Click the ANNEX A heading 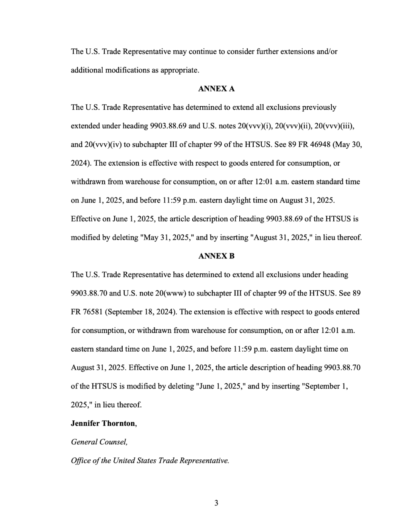216,89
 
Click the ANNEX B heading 216,256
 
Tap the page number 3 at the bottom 216,503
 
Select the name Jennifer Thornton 103,423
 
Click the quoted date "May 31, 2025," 167,238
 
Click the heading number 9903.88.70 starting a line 89,293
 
